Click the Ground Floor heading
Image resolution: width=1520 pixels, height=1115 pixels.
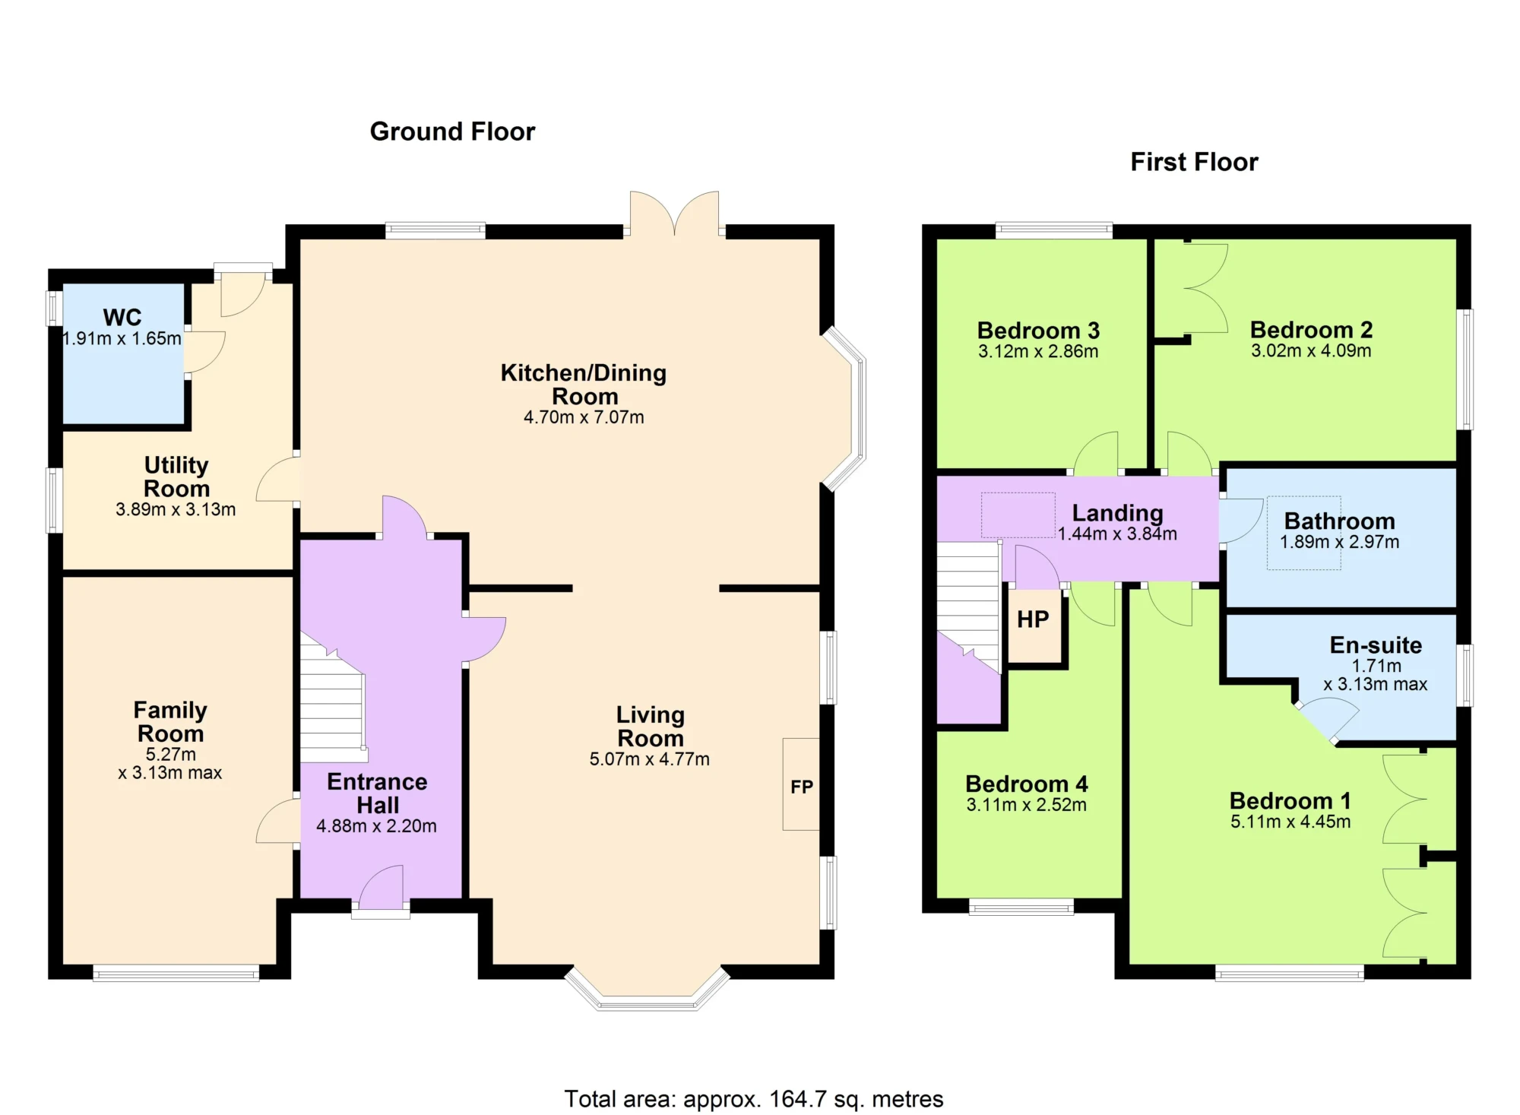pyautogui.click(x=452, y=131)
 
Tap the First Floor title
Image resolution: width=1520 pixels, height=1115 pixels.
pyautogui.click(x=1194, y=162)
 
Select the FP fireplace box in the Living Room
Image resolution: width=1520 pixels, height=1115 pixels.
pyautogui.click(x=801, y=784)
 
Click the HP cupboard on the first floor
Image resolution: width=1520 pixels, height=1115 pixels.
pyautogui.click(x=1034, y=626)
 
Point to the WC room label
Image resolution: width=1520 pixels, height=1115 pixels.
pyautogui.click(x=122, y=317)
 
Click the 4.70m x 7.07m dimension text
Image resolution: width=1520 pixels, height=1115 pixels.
pyautogui.click(x=584, y=417)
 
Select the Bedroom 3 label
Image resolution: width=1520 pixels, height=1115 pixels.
pyautogui.click(x=1038, y=331)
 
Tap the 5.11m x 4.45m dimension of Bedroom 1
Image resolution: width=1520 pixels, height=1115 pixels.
pyautogui.click(x=1290, y=821)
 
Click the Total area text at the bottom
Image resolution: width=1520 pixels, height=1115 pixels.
pyautogui.click(x=753, y=1098)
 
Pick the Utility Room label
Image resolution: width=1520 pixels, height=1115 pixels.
pyautogui.click(x=176, y=477)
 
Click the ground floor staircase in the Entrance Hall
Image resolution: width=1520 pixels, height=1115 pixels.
pyautogui.click(x=333, y=698)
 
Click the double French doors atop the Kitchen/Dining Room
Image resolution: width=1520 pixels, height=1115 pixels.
pyautogui.click(x=674, y=214)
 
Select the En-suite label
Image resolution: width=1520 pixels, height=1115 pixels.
pyautogui.click(x=1376, y=645)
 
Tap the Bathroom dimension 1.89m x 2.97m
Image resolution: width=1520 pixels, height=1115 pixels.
pyautogui.click(x=1339, y=542)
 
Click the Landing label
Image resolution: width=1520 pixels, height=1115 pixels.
pyautogui.click(x=1117, y=513)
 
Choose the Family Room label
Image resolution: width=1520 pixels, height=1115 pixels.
pyautogui.click(x=170, y=722)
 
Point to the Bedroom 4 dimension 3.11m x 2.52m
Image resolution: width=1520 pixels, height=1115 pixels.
pyautogui.click(x=1026, y=805)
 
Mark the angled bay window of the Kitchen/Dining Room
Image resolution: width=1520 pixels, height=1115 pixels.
pyautogui.click(x=845, y=408)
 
